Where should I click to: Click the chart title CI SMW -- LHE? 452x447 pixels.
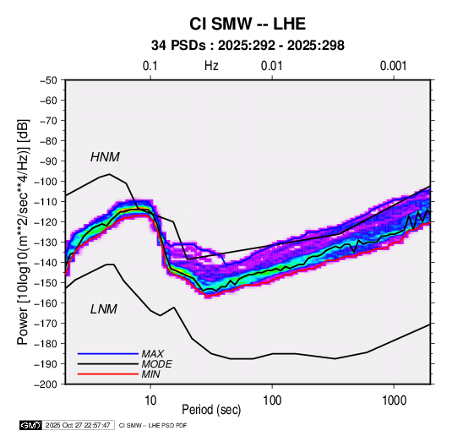tap(248, 24)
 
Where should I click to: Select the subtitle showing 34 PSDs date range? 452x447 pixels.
tap(248, 46)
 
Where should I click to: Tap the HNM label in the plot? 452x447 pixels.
tap(105, 157)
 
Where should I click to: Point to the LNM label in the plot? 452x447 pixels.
tap(104, 309)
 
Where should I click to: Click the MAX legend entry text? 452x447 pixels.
tap(152, 354)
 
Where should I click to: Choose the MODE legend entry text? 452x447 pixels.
tap(156, 364)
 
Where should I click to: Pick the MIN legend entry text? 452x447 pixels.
tap(150, 374)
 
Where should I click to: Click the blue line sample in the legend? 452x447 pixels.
tap(108, 354)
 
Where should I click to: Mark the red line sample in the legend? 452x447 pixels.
tap(108, 374)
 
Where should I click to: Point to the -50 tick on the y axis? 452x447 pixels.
tap(48, 80)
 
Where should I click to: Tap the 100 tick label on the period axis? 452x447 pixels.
tap(272, 401)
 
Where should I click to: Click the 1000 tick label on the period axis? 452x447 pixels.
tap(394, 401)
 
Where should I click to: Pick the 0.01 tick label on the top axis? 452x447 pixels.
tap(272, 66)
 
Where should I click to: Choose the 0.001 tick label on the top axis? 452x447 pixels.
tap(394, 66)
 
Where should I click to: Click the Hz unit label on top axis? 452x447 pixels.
tap(211, 66)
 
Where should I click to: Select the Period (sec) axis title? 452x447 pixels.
tap(211, 410)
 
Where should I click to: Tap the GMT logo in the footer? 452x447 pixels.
tap(31, 425)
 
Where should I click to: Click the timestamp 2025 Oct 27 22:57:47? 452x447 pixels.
tap(78, 425)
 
